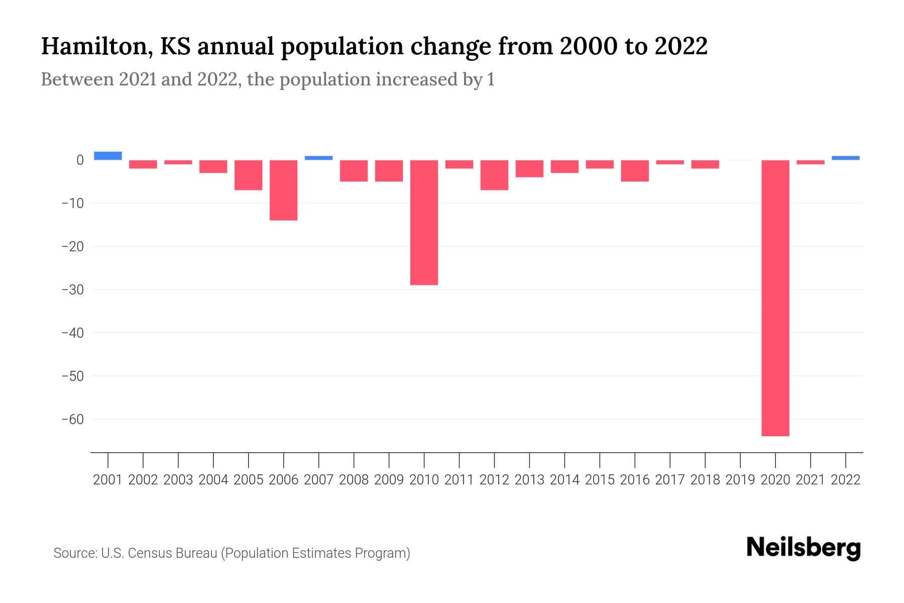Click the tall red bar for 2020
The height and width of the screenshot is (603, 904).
[x=775, y=297]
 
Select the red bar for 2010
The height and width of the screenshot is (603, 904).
[x=424, y=223]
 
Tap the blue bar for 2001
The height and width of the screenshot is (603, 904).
[x=108, y=156]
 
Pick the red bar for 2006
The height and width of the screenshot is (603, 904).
[x=284, y=190]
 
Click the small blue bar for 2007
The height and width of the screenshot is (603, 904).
[x=318, y=158]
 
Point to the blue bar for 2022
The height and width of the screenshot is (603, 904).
[x=845, y=158]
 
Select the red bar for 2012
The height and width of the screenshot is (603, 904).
[x=494, y=175]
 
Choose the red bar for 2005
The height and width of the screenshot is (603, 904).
[x=249, y=175]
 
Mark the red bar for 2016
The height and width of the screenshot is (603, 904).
[x=635, y=171]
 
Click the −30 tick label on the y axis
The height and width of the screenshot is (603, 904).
[x=72, y=290]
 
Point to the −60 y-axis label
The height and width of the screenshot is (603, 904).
[x=72, y=419]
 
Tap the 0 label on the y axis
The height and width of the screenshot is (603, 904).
[x=80, y=160]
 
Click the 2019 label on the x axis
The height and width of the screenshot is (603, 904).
[x=740, y=480]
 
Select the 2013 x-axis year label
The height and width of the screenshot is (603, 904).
[x=529, y=480]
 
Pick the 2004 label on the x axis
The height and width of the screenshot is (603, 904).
[x=213, y=480]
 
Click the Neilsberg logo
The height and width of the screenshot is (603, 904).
[x=804, y=548]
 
